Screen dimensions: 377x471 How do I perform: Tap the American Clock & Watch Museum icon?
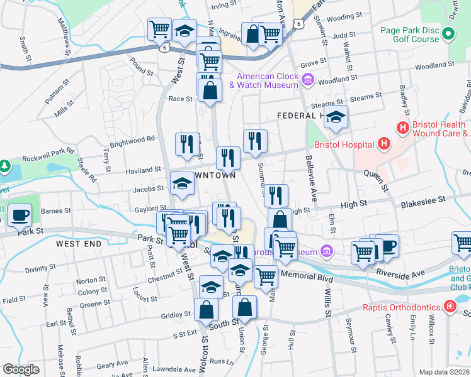tap(307, 80)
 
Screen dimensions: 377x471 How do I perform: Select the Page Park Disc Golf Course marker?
tap(448, 34)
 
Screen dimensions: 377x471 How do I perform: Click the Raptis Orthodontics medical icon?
tap(450, 307)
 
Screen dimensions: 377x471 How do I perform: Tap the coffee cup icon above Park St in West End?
tap(20, 216)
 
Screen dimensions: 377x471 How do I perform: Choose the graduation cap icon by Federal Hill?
tap(336, 117)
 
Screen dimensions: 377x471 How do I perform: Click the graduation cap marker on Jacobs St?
tap(183, 184)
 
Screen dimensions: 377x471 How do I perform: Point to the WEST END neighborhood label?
tap(78, 243)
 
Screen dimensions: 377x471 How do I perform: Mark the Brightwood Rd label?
tap(132, 139)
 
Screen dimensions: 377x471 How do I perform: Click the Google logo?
tap(21, 369)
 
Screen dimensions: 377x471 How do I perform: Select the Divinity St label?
tap(41, 268)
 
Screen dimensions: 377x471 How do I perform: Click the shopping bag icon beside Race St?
tap(210, 90)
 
